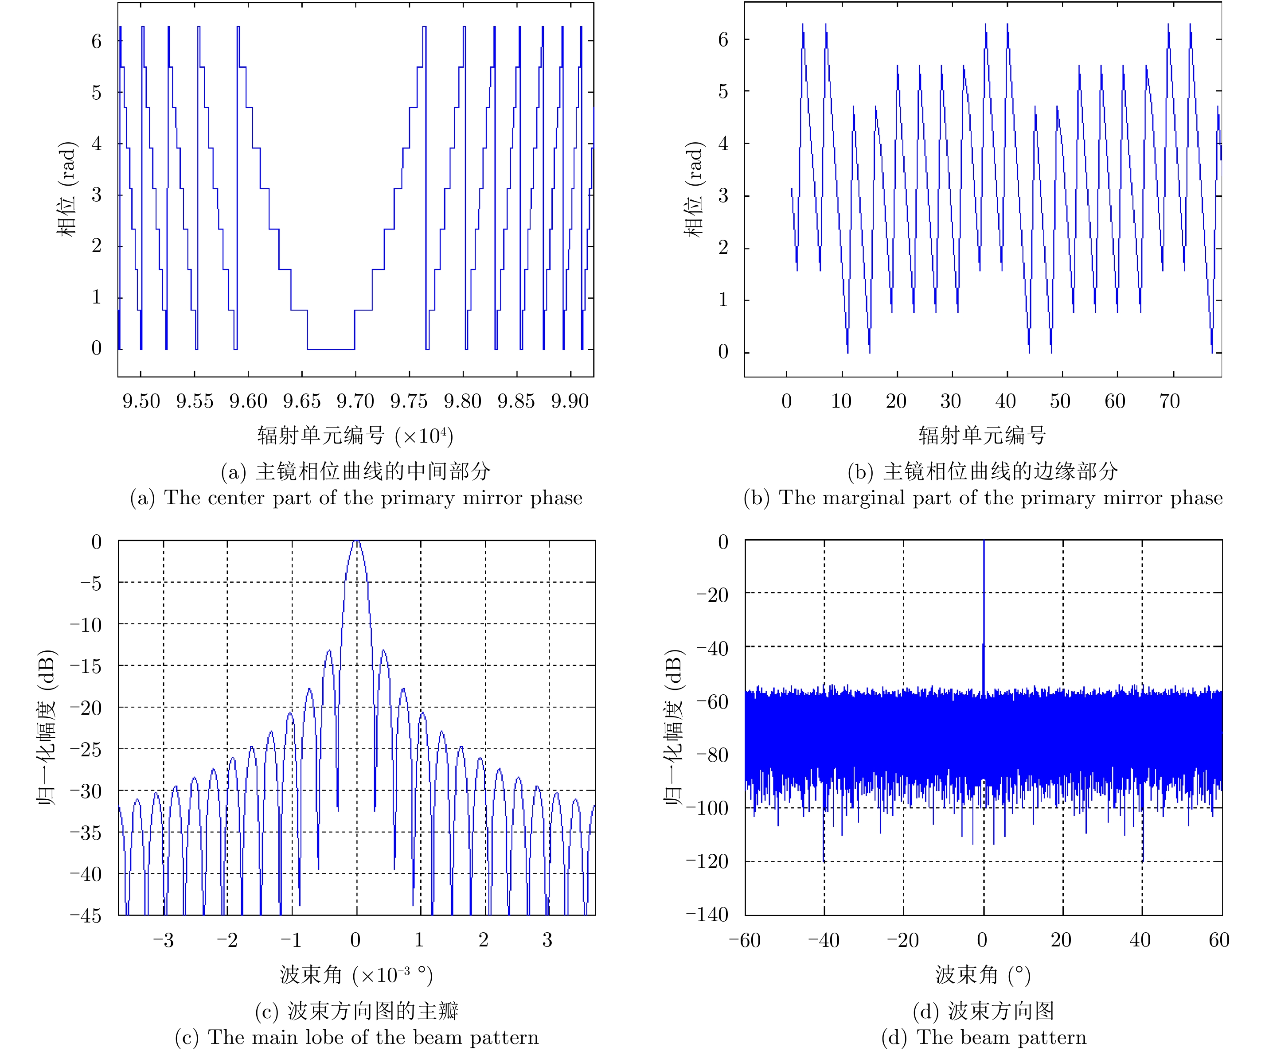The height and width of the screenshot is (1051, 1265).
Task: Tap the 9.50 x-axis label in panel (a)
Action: pyautogui.click(x=141, y=401)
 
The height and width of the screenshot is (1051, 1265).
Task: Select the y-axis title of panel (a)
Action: pyautogui.click(x=67, y=189)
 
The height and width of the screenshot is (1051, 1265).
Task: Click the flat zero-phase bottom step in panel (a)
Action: pyautogui.click(x=331, y=349)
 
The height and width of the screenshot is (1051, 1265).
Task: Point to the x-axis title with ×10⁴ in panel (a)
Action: pyautogui.click(x=355, y=435)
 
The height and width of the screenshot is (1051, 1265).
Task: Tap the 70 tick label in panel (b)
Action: pyautogui.click(x=1169, y=401)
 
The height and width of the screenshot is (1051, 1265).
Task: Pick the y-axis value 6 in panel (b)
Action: pyautogui.click(x=723, y=40)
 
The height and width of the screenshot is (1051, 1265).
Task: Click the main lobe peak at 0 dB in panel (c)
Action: pyautogui.click(x=357, y=541)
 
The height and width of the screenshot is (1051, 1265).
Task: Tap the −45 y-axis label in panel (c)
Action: pyautogui.click(x=86, y=915)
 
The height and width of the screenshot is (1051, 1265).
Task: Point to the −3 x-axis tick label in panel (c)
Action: pyautogui.click(x=163, y=940)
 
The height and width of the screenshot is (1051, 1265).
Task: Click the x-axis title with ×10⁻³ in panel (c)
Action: pyautogui.click(x=356, y=974)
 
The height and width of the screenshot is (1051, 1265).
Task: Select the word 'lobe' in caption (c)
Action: pyautogui.click(x=325, y=1037)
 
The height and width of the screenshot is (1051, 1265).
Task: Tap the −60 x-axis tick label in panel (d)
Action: pyautogui.click(x=745, y=940)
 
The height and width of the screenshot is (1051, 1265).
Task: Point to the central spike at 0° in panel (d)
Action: pyautogui.click(x=984, y=602)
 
